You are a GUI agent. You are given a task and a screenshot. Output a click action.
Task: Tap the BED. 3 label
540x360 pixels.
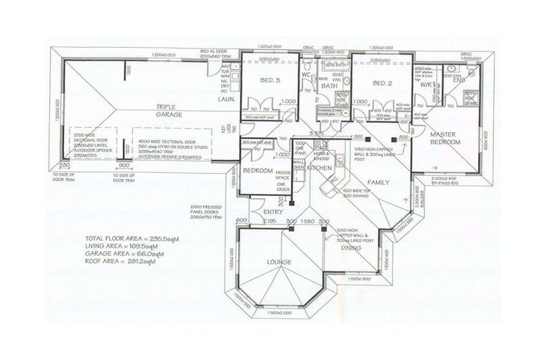(x=271, y=82)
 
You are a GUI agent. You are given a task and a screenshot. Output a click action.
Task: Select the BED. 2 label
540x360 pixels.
(x=382, y=83)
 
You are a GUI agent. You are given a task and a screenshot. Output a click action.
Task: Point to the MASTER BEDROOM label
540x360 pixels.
(x=444, y=139)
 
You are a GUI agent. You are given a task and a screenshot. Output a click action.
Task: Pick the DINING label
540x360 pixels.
(x=352, y=248)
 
